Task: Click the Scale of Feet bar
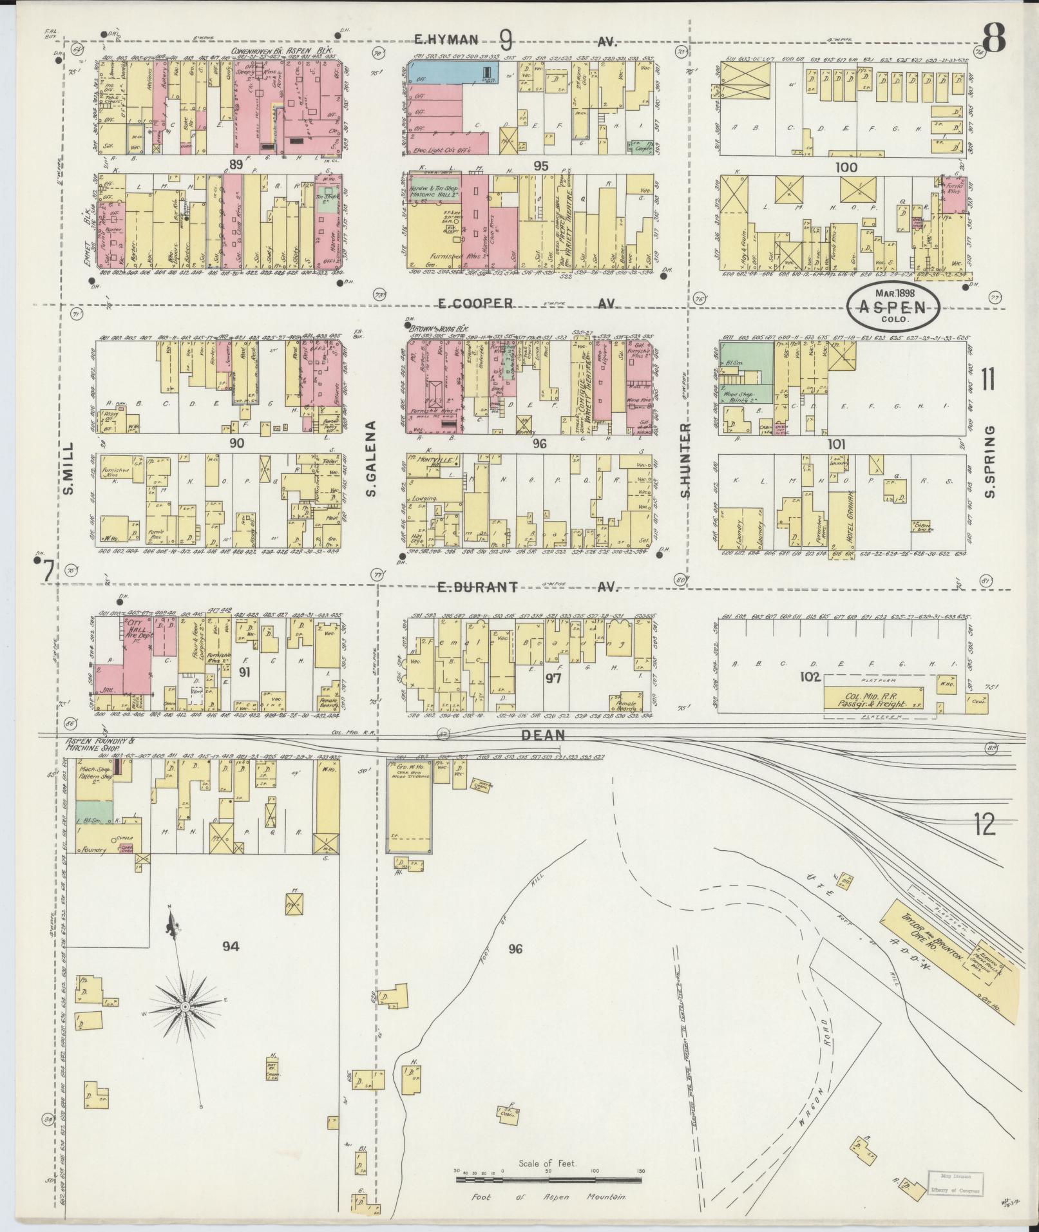(x=548, y=1180)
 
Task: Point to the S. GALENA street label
(x=372, y=458)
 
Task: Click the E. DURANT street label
(x=477, y=587)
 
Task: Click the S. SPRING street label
(x=990, y=460)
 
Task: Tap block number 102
(x=810, y=678)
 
